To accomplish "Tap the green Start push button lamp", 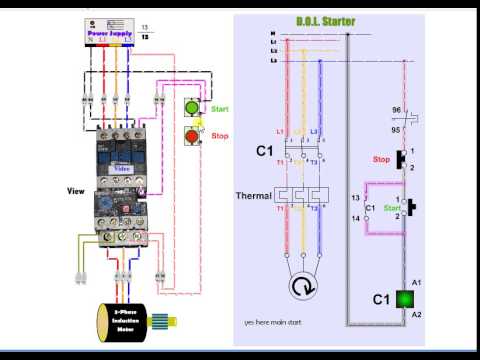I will point(192,108).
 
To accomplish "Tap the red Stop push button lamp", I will point(192,135).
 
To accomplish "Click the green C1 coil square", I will point(407,298).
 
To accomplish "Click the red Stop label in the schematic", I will point(381,159).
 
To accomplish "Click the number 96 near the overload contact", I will point(395,109).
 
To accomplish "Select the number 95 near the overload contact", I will point(395,129).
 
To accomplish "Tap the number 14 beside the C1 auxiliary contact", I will point(355,217).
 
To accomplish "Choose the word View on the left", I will point(74,190).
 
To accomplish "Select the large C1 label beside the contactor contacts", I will point(264,150).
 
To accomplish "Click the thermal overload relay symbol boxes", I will point(302,196).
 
